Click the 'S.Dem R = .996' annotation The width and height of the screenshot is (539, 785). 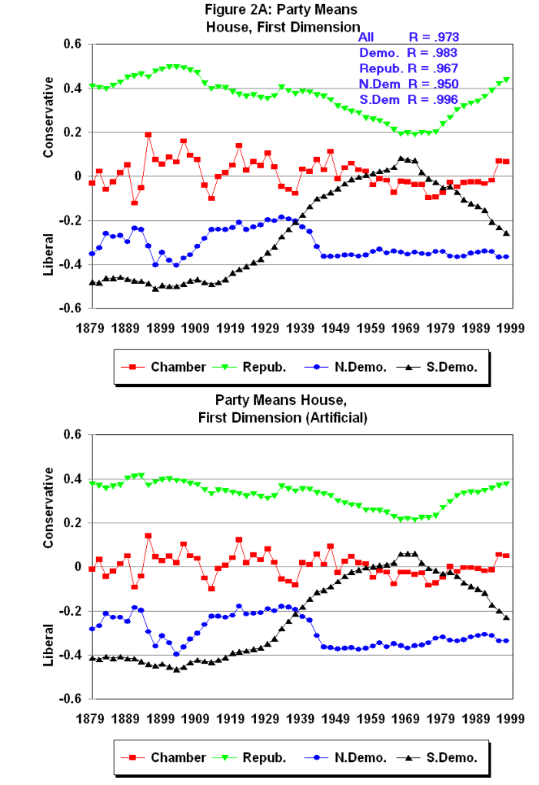point(408,99)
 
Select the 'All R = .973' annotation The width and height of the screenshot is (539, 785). point(408,37)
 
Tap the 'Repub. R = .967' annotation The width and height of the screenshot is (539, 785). point(408,68)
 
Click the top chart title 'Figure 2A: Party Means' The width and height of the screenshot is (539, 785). point(281,10)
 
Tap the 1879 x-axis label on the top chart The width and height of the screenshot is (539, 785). point(91,326)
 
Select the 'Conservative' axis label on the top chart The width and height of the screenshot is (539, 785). point(48,117)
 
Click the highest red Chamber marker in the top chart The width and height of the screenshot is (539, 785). point(148,135)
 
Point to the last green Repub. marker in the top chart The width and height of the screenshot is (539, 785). point(507,79)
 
